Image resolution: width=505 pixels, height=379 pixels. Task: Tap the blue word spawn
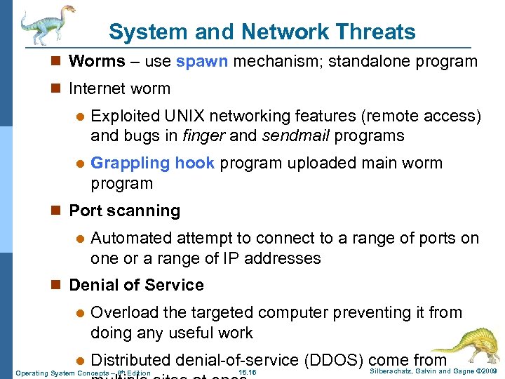tap(202, 61)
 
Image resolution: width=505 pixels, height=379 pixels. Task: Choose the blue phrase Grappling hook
tap(153, 163)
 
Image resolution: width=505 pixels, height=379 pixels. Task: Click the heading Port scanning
tap(125, 211)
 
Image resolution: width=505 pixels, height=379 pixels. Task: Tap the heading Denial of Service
tap(137, 285)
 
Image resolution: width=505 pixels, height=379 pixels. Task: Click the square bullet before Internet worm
tap(59, 89)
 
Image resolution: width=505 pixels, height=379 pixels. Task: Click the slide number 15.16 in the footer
tap(247, 372)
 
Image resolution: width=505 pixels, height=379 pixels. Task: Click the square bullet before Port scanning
tap(59, 211)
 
